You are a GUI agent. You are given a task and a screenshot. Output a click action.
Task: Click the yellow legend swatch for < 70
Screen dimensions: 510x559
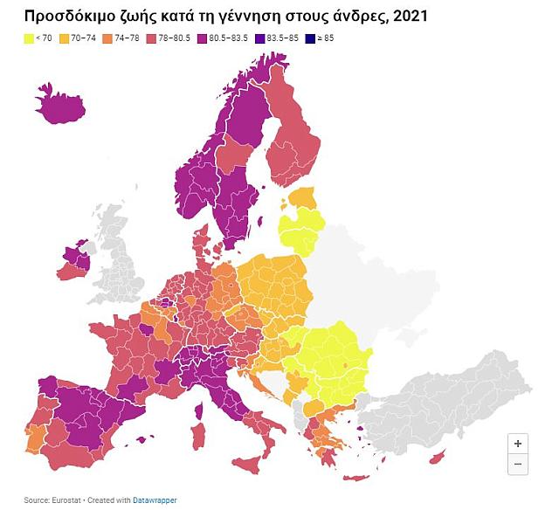pos(29,38)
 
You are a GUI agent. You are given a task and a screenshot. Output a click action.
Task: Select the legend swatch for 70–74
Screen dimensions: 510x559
pos(64,38)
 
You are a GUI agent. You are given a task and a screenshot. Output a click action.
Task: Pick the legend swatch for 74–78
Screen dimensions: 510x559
pos(107,38)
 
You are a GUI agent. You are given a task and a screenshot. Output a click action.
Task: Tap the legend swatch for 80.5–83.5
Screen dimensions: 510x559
pos(201,38)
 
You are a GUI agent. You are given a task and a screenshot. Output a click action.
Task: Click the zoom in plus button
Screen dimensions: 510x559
pos(517,443)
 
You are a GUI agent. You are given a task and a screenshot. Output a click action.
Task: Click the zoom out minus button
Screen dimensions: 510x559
pos(517,464)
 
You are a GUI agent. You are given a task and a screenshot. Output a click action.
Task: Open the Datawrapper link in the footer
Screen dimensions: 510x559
pos(155,500)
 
